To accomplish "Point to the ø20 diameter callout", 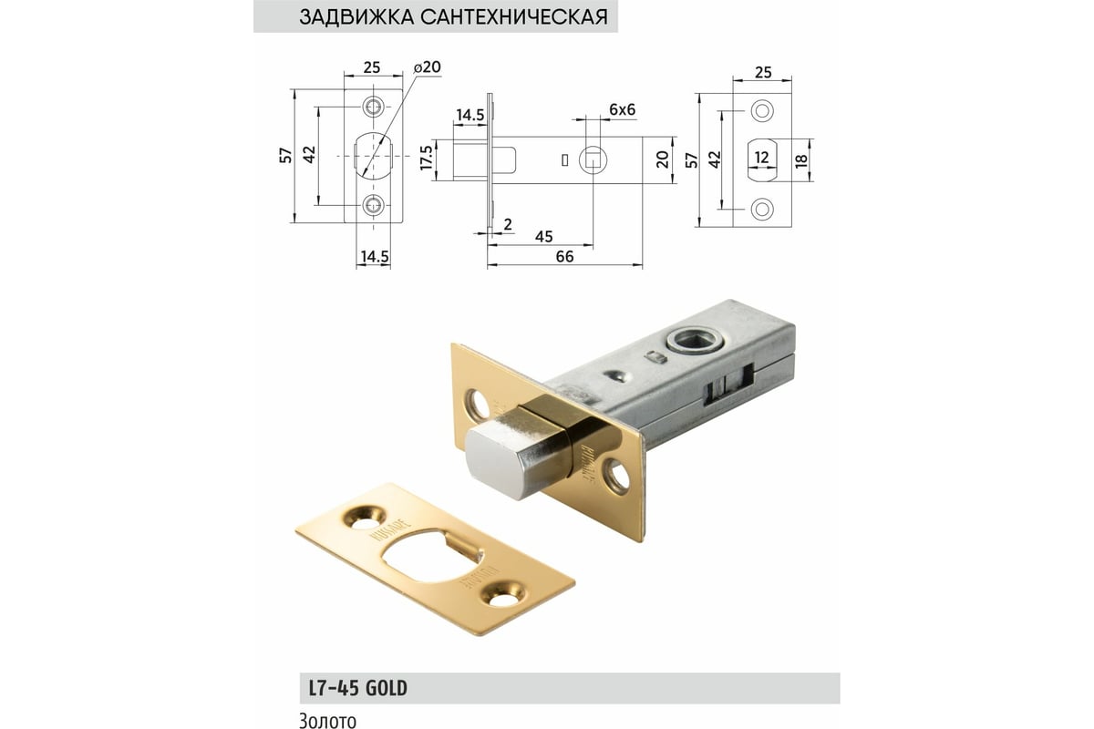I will point(426,68).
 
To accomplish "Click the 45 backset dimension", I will point(543,236).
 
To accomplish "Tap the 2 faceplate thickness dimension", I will point(507,224).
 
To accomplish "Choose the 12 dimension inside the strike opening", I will point(760,158).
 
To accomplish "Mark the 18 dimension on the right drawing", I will point(801,158).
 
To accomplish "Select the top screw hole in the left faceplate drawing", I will point(374,107).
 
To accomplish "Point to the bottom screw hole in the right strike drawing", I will point(760,208).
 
